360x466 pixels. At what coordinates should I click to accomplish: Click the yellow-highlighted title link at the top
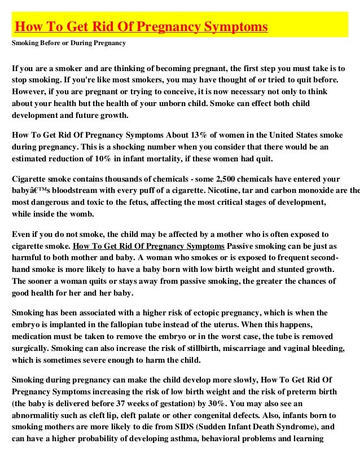pyautogui.click(x=141, y=27)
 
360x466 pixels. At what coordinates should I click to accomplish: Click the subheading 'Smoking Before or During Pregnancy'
pyautogui.click(x=69, y=43)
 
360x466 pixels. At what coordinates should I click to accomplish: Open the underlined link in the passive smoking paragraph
pyautogui.click(x=149, y=246)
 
